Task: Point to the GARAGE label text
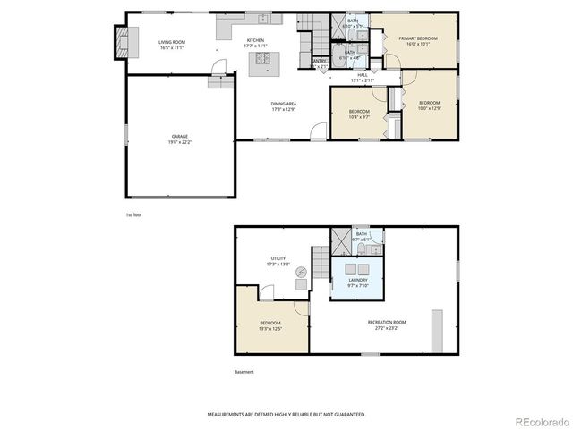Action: pos(180,136)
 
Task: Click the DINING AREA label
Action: pos(284,104)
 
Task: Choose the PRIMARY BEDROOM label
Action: pos(418,38)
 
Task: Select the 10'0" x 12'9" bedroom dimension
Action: pos(430,108)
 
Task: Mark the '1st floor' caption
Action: pos(133,215)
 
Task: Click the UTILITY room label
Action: pos(278,258)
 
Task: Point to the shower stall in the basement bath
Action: pos(341,241)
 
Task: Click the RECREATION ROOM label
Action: pos(387,322)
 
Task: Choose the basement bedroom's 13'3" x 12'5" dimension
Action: pos(269,328)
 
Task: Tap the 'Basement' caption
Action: pos(244,372)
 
